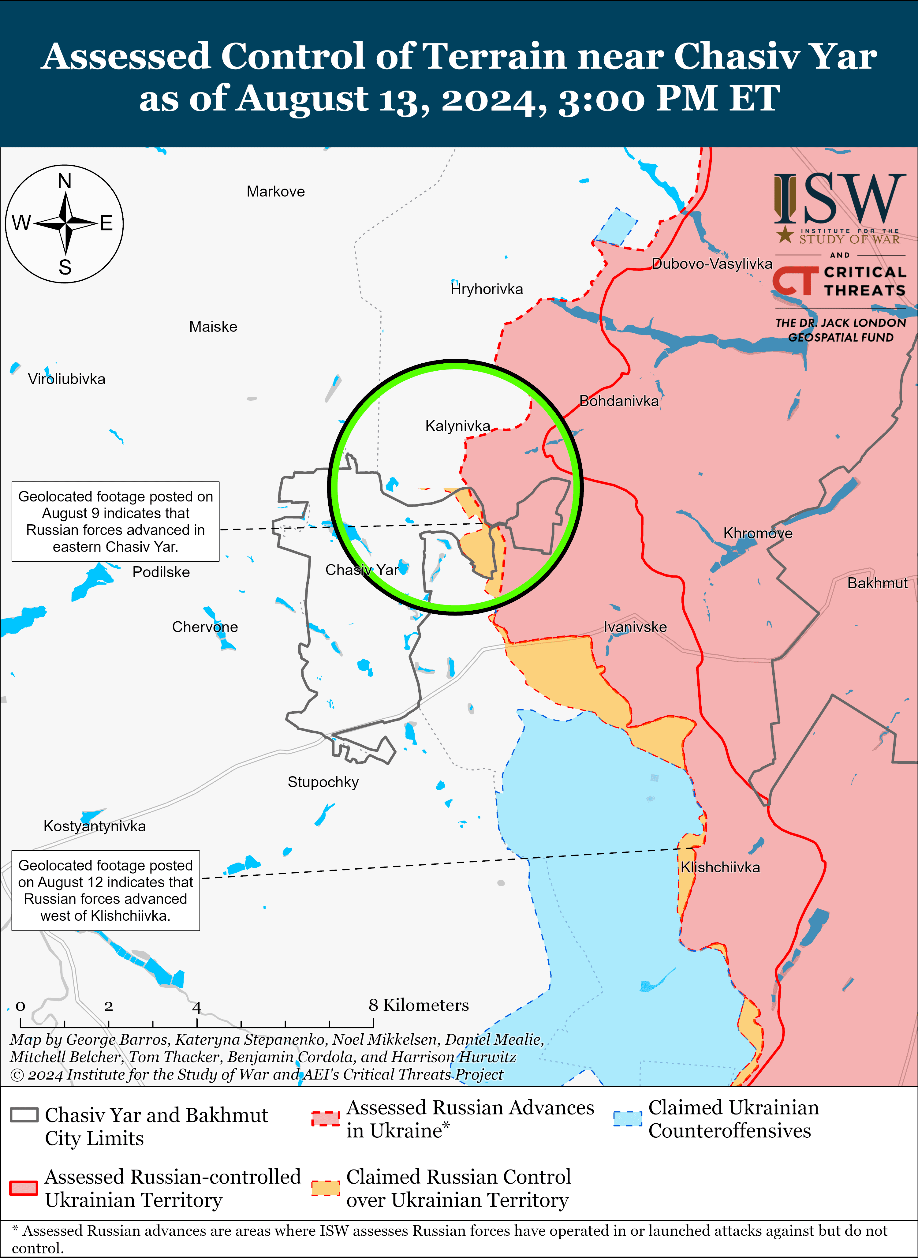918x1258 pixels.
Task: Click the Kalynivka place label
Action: (x=457, y=426)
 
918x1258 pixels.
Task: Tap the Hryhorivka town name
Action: (x=487, y=289)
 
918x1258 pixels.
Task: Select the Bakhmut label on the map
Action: (x=877, y=583)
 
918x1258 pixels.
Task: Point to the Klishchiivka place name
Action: (x=720, y=867)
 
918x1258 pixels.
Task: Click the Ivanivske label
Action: (x=635, y=627)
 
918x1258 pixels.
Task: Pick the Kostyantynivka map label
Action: (x=95, y=826)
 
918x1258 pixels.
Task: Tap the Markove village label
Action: (x=276, y=192)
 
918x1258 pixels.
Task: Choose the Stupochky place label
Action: (x=323, y=782)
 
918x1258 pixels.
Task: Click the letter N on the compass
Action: (x=65, y=181)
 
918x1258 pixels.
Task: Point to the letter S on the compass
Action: (x=65, y=268)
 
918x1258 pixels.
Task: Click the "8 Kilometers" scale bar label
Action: (x=418, y=1005)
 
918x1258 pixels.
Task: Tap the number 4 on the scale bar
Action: (x=197, y=1007)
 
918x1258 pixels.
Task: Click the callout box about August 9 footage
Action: (x=116, y=522)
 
